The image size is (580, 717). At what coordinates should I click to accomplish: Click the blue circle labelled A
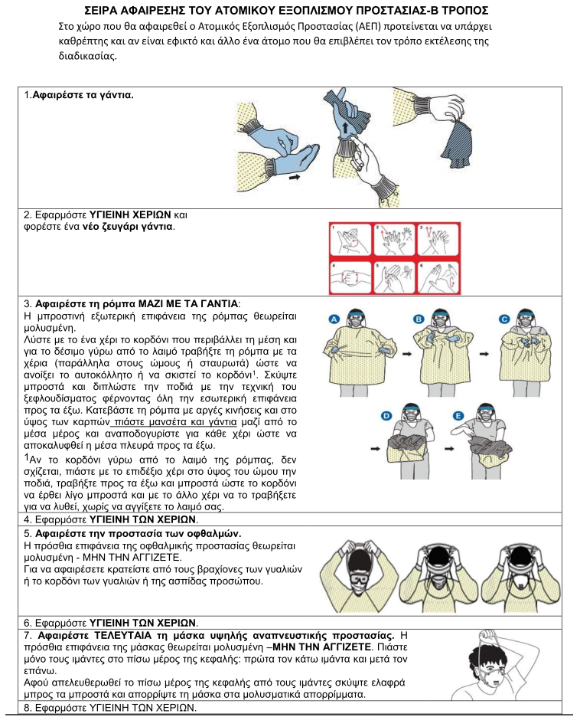pos(334,319)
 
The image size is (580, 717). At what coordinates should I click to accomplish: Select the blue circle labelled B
pos(419,319)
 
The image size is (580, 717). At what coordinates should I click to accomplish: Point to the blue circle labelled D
pos(386,414)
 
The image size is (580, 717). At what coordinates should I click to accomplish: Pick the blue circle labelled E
pos(459,414)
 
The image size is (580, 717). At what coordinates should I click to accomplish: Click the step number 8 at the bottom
pos(28,707)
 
